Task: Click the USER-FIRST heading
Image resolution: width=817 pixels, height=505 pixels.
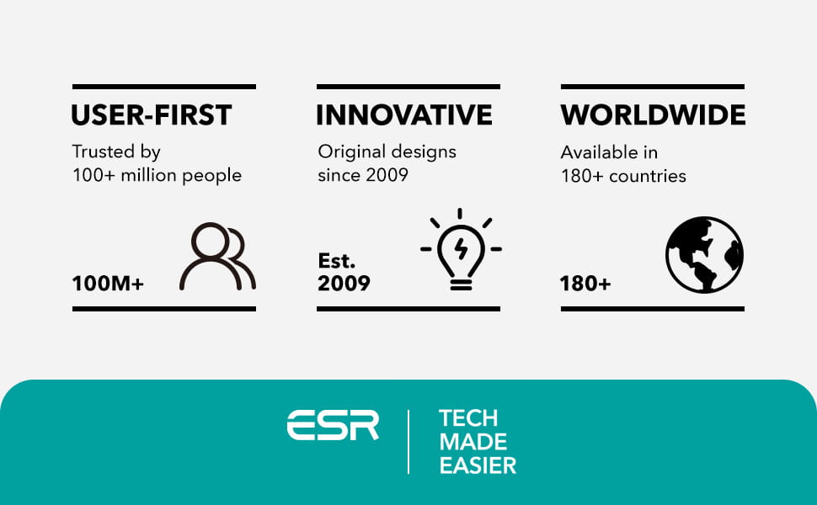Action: (x=151, y=115)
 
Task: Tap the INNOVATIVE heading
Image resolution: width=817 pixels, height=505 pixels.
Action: (x=404, y=115)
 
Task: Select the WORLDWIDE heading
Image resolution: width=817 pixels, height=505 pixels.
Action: (x=654, y=115)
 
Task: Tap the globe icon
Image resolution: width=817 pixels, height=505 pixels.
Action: (x=704, y=254)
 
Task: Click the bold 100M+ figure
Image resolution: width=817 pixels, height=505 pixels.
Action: (x=108, y=284)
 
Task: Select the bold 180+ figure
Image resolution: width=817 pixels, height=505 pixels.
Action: (x=585, y=284)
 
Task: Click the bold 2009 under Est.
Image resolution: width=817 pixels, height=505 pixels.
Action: (x=344, y=284)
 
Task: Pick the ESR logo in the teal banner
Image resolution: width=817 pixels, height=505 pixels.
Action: (x=333, y=425)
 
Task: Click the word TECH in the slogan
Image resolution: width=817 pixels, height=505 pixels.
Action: (x=468, y=418)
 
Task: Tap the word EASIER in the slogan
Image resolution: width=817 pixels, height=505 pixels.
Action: (x=478, y=465)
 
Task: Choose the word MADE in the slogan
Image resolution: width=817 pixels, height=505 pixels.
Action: (x=473, y=442)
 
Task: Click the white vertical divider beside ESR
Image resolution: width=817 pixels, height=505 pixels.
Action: (x=408, y=442)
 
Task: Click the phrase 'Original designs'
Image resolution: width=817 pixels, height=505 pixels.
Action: (x=387, y=152)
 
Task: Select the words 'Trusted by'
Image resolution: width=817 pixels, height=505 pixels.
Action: (x=116, y=152)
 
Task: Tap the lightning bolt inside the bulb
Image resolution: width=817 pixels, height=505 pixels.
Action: (x=461, y=248)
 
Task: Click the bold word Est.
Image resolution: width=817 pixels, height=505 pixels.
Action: (x=337, y=260)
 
